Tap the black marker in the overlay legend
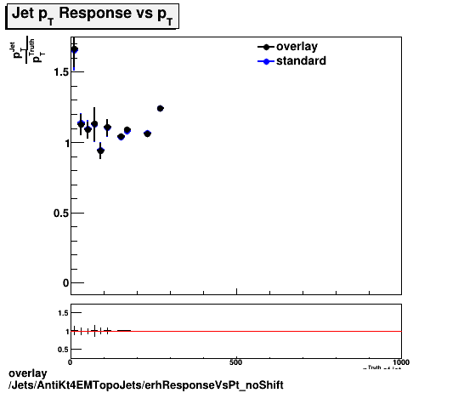pos(266,47)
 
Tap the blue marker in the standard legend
pos(266,60)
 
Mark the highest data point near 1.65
pos(74,50)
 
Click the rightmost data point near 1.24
pos(160,108)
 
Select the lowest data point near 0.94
pos(100,151)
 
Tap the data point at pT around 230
pos(147,134)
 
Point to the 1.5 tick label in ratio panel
pos(59,314)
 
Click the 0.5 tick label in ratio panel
pos(59,349)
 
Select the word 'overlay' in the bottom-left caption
pos(26,373)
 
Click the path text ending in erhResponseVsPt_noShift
pos(145,385)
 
